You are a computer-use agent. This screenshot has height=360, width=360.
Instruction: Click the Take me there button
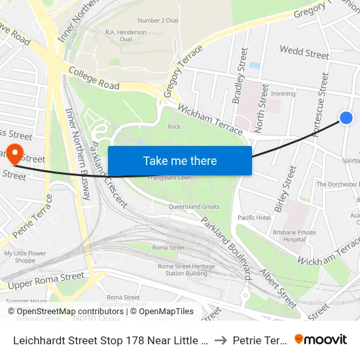[x=179, y=160]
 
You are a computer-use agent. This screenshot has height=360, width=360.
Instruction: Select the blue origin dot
[x=346, y=117]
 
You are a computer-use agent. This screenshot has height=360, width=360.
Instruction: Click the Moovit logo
[x=321, y=339]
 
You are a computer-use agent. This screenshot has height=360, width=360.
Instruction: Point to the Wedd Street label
[x=304, y=52]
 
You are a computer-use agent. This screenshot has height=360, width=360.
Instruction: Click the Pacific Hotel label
[x=254, y=217]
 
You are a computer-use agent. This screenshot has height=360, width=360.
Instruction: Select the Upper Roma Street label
[x=46, y=280]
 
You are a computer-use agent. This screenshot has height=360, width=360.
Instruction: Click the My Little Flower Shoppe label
[x=25, y=257]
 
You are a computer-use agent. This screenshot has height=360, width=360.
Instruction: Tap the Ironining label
[x=283, y=94]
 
